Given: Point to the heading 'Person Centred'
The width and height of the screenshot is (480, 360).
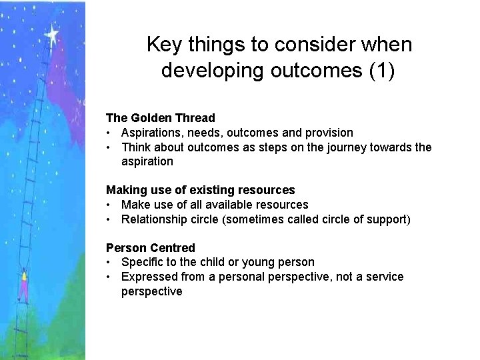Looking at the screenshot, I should pyautogui.click(x=151, y=248).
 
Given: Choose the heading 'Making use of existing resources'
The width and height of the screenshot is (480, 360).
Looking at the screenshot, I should pyautogui.click(x=200, y=190).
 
